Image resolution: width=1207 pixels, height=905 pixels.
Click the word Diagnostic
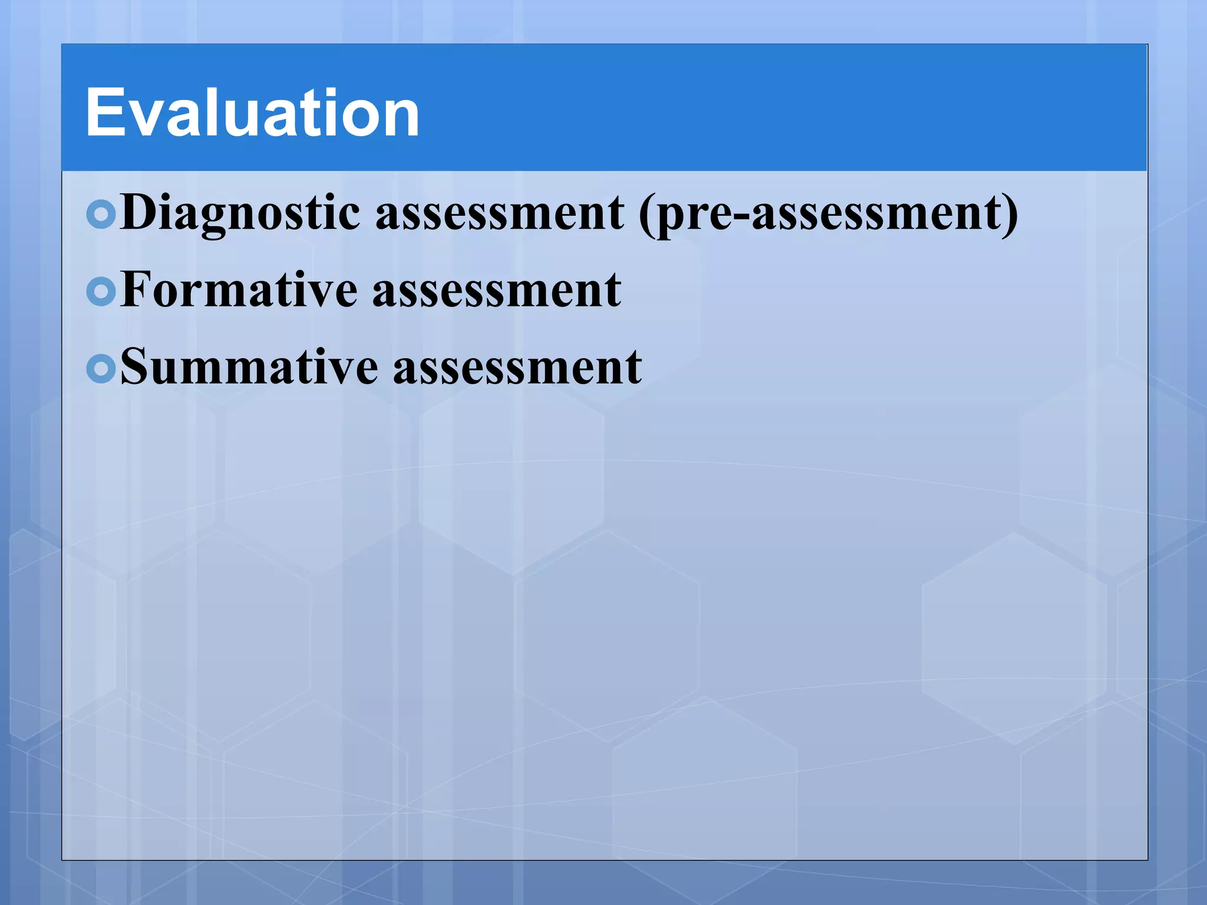[240, 213]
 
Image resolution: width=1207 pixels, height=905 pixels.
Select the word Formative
[239, 290]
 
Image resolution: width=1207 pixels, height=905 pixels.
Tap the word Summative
[249, 366]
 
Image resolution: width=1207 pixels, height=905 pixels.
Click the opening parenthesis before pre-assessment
[646, 214]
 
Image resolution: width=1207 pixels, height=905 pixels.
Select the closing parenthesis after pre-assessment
[1010, 214]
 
